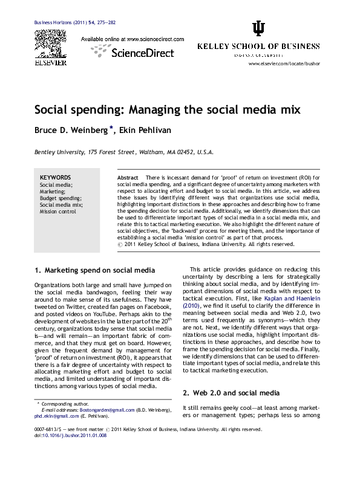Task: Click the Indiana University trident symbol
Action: (258, 29)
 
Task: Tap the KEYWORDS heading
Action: (56, 177)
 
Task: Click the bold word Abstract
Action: (128, 177)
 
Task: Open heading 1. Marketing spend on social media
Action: (95, 270)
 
